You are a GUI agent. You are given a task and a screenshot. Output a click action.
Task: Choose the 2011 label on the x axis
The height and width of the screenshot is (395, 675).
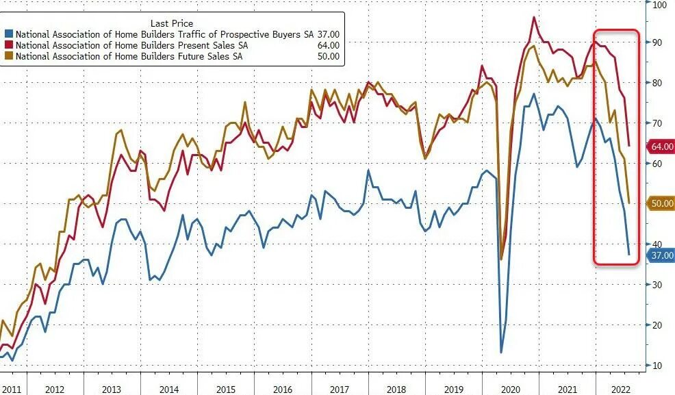click(11, 389)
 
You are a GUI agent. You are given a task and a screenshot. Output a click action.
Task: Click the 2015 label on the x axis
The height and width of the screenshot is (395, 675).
click(226, 389)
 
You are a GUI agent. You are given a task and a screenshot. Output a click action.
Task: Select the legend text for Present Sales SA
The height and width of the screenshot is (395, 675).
click(130, 44)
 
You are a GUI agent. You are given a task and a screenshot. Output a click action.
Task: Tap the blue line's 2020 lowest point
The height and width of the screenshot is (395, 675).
click(501, 353)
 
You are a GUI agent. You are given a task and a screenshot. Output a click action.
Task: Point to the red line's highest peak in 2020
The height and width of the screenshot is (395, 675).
click(533, 17)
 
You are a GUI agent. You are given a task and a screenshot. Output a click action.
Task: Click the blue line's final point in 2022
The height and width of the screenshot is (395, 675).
click(629, 255)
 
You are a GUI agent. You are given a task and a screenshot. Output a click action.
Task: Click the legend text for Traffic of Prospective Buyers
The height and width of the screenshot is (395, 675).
click(164, 34)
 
